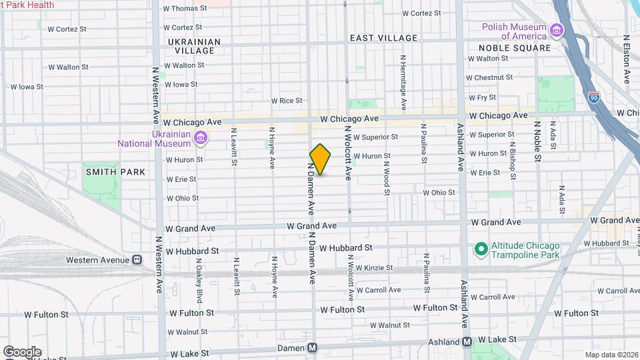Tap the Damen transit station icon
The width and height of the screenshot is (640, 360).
312,348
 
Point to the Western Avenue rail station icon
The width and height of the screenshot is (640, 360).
136,259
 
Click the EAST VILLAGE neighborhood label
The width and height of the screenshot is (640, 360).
383,39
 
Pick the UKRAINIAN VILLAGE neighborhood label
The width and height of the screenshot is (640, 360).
194,46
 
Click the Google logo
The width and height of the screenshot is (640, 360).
21,351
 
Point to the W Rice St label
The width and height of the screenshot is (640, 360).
287,101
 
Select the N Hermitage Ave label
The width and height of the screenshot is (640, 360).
403,82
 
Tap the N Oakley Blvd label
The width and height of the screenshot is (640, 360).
199,277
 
